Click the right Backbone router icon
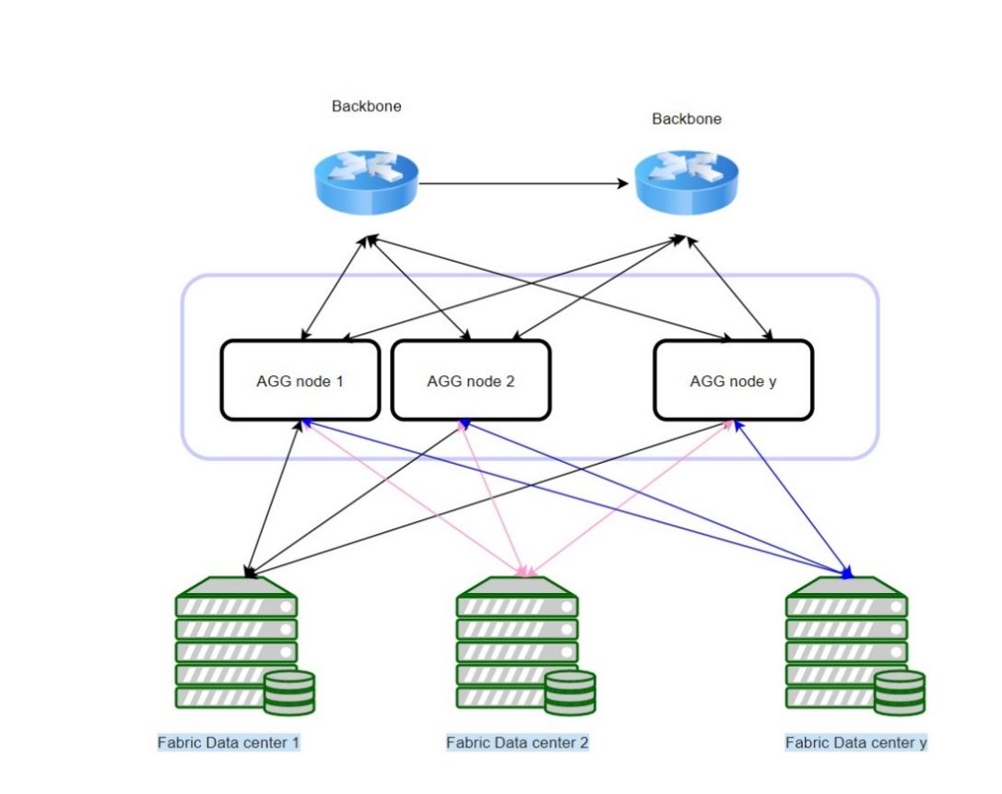point(687,184)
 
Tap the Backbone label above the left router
point(367,106)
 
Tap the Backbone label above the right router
point(687,119)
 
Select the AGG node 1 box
point(300,380)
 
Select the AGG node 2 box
point(471,380)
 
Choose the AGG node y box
point(733,380)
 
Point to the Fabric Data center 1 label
point(230,742)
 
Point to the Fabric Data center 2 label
point(517,742)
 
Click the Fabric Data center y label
point(855,742)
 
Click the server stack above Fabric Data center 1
point(236,641)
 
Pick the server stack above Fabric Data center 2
point(516,641)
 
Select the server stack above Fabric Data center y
point(846,641)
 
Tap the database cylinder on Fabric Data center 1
point(289,693)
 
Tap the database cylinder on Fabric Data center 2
point(570,693)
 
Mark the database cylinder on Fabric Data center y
point(900,693)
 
